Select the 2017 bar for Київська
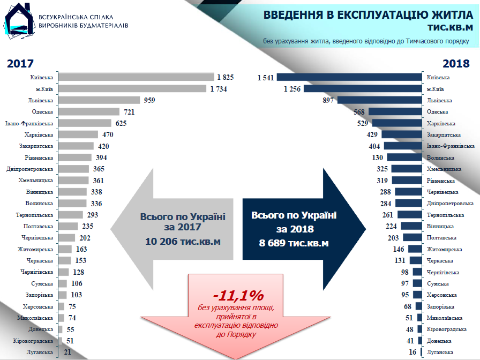point(136,77)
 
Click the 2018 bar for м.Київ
point(363,89)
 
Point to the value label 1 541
point(265,78)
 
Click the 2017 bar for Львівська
point(99,100)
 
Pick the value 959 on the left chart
point(150,100)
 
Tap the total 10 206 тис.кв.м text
point(183,242)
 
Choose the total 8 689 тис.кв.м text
point(294,243)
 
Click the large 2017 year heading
point(20,64)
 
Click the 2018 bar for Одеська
point(396,112)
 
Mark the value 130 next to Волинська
point(377,157)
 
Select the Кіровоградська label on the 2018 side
point(447,329)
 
